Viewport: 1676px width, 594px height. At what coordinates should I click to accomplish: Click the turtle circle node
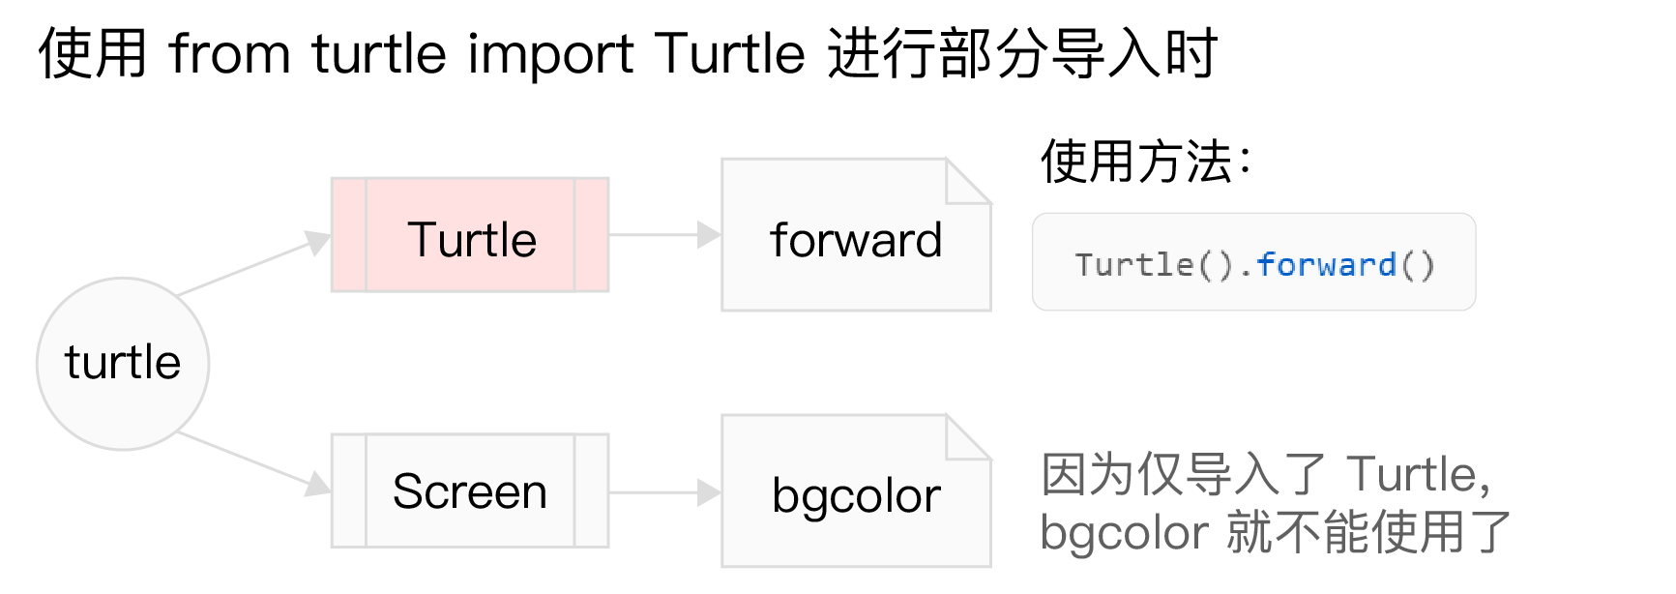pos(123,364)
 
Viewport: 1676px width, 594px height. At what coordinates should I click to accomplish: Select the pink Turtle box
pos(470,235)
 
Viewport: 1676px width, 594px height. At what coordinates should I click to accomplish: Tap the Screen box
pos(470,491)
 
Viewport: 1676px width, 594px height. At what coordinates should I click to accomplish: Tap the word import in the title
pos(550,53)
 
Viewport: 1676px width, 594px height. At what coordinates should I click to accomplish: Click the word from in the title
pos(229,53)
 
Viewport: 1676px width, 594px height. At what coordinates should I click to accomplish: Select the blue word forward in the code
pos(1326,265)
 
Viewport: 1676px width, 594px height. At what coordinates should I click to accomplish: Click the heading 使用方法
pos(1145,162)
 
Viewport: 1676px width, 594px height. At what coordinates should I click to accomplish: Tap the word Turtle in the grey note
pos(1412,475)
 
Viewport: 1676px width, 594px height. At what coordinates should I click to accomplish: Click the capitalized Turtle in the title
pos(729,53)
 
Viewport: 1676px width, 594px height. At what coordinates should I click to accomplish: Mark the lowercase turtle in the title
pos(379,53)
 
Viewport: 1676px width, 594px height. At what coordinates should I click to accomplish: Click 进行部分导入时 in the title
pos(1022,53)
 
